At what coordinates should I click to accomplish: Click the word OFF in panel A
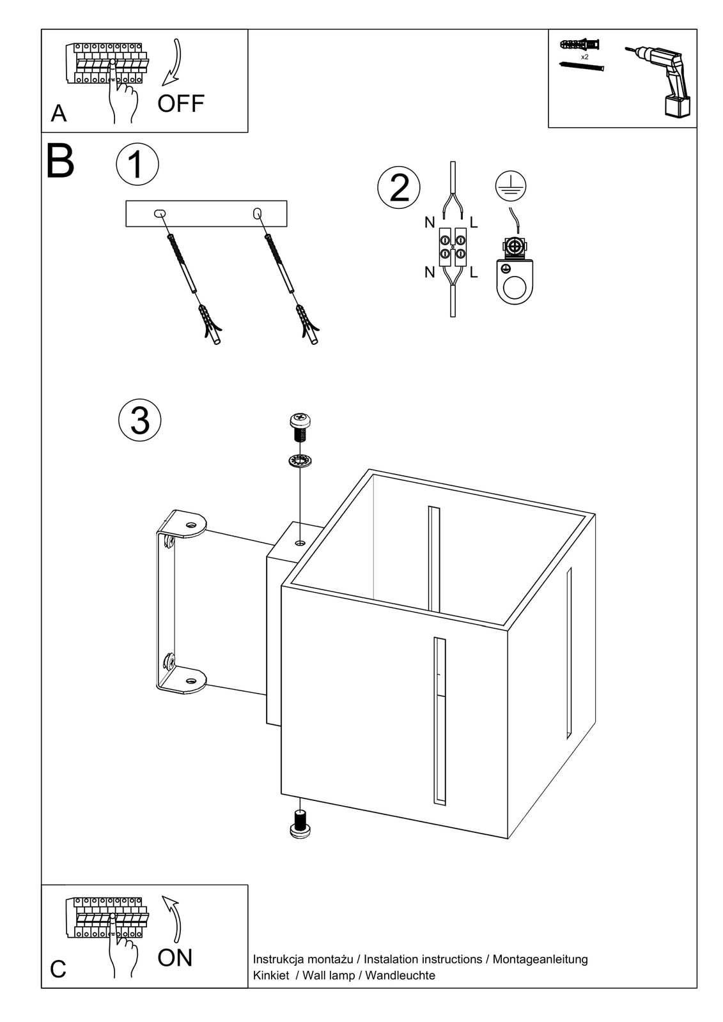(x=180, y=103)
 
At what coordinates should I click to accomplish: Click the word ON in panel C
(x=175, y=957)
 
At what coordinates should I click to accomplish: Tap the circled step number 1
(x=137, y=164)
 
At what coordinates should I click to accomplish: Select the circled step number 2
(x=399, y=188)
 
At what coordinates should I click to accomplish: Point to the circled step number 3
(x=139, y=421)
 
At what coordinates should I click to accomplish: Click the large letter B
(x=61, y=162)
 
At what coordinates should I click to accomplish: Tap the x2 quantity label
(x=584, y=57)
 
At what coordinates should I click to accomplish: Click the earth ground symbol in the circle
(x=509, y=185)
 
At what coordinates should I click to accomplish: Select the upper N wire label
(x=430, y=223)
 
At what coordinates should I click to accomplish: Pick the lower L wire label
(x=474, y=273)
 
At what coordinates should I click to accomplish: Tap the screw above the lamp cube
(x=299, y=427)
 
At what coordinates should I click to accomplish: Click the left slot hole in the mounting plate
(x=159, y=213)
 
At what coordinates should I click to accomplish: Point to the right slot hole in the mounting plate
(x=258, y=213)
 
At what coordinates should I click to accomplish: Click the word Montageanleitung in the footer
(x=540, y=959)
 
